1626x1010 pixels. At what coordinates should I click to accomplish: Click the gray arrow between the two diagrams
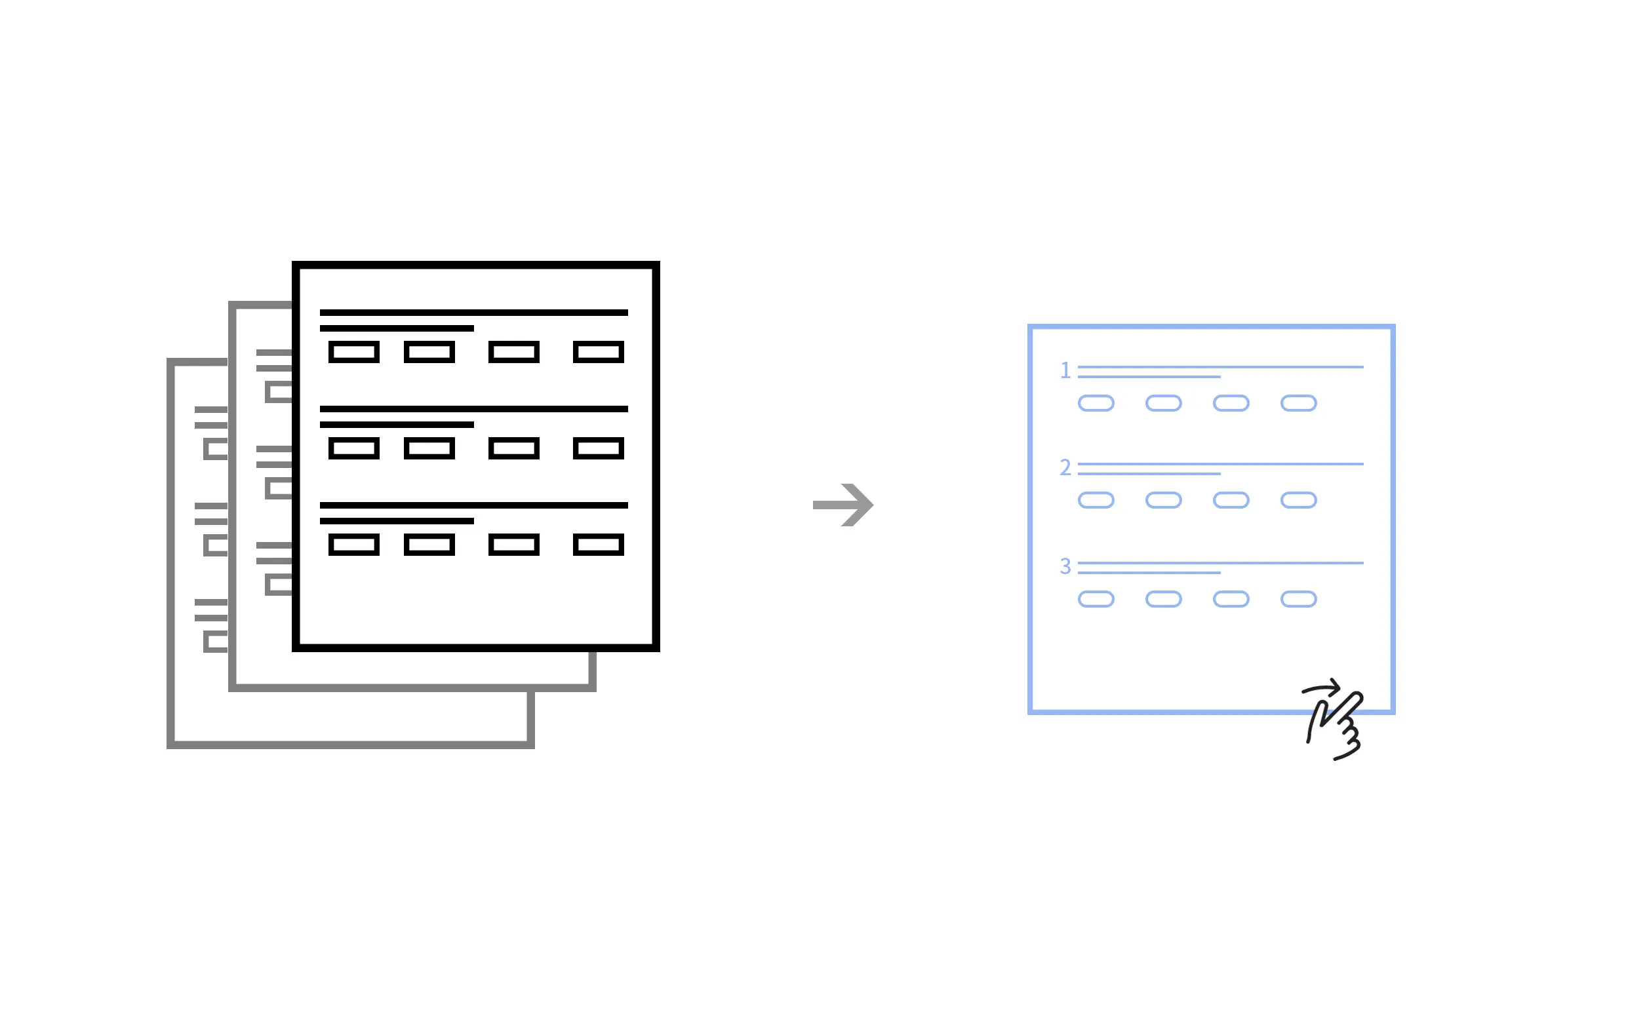(x=843, y=505)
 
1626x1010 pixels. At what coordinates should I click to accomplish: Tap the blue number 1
(x=1065, y=370)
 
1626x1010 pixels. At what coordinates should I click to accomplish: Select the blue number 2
(x=1065, y=467)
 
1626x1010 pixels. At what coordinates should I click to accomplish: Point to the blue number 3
(x=1065, y=566)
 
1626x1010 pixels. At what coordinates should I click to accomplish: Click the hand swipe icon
(x=1334, y=720)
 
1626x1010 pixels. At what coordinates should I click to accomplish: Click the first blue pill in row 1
(x=1096, y=404)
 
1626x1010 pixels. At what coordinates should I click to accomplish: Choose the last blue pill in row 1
(x=1299, y=404)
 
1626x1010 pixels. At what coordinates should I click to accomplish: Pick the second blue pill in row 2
(x=1164, y=500)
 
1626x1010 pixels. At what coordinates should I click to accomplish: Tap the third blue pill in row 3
(x=1231, y=599)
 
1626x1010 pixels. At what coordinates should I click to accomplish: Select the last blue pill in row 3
(x=1299, y=599)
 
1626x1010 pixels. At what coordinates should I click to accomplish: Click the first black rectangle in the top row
(x=354, y=352)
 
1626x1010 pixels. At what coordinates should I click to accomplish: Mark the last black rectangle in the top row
(x=599, y=352)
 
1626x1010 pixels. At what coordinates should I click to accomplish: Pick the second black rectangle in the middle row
(x=429, y=448)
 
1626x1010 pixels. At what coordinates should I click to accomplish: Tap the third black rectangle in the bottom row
(x=514, y=545)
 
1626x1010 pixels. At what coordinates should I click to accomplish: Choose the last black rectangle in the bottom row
(x=599, y=545)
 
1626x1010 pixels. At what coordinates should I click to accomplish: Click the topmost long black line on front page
(x=473, y=313)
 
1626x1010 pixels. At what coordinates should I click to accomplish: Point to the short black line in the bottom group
(x=397, y=521)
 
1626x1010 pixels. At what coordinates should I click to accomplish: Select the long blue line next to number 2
(x=1221, y=464)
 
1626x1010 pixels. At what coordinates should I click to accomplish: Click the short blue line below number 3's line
(x=1149, y=573)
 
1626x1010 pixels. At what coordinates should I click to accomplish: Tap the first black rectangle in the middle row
(x=354, y=448)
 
